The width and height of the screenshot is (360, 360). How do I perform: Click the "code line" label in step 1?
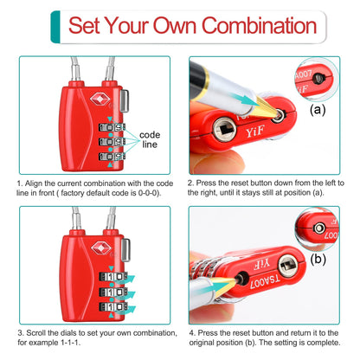(150, 139)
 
